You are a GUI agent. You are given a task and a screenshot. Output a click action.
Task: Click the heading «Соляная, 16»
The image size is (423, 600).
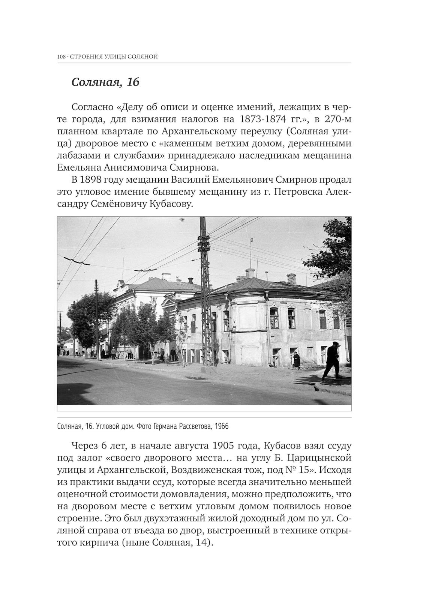tap(105, 82)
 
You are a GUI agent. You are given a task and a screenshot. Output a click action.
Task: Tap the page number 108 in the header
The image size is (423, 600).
tap(61, 57)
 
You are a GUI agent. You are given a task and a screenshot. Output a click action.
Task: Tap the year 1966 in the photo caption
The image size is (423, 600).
tap(222, 426)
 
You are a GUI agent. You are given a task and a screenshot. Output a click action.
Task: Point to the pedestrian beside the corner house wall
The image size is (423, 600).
tap(297, 360)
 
